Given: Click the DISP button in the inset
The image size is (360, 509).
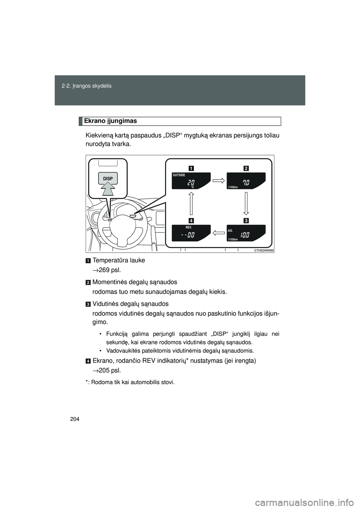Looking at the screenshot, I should click(108, 179).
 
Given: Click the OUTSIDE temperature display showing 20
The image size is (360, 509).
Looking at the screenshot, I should click(191, 181).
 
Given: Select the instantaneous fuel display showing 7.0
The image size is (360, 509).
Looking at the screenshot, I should click(246, 181).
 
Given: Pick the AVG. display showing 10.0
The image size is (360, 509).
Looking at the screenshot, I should click(246, 233).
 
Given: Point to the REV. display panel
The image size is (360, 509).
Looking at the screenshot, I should click(191, 233).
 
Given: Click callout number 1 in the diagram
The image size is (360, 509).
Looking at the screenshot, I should click(191, 168).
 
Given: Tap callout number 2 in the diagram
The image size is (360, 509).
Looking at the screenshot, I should click(246, 168).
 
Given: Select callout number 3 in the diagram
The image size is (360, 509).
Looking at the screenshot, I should click(246, 220).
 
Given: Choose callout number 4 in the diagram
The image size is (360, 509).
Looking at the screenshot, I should click(191, 220).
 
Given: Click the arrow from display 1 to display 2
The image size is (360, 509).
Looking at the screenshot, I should click(219, 180).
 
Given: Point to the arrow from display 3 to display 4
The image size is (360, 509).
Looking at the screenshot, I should click(219, 233).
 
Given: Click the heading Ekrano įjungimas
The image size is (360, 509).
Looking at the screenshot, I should click(110, 121).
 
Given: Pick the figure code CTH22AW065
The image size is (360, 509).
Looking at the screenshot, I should click(264, 250).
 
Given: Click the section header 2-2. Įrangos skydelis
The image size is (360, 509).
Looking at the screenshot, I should click(87, 86).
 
